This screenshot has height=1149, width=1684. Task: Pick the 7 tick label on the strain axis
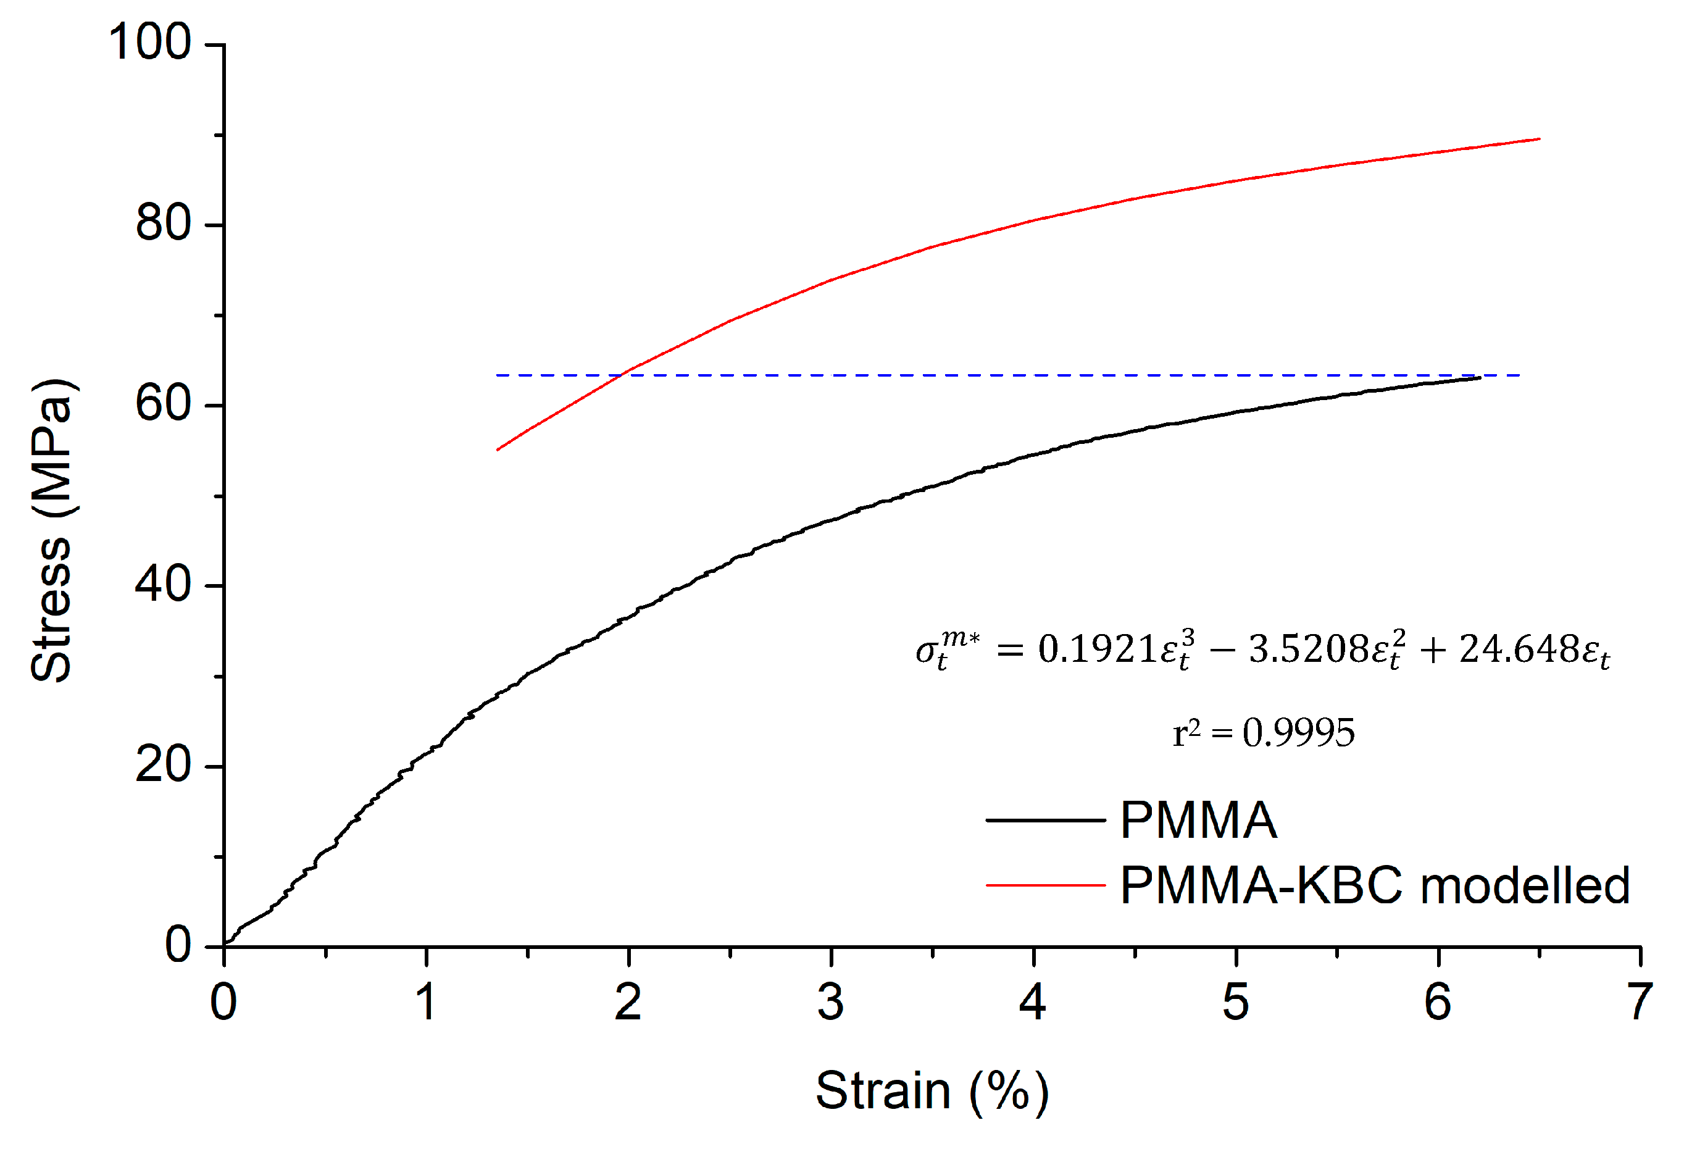[1640, 1003]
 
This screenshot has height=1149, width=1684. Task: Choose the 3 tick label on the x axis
[830, 1003]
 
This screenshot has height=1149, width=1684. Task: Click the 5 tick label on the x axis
[1235, 1003]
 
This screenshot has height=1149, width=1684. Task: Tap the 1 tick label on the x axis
[426, 1003]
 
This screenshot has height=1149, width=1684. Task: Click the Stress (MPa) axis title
[52, 530]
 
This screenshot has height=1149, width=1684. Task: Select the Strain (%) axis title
[932, 1090]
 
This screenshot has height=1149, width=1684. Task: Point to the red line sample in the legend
[1045, 885]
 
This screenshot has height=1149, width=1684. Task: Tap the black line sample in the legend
[1045, 821]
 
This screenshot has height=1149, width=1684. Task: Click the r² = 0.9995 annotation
[1263, 732]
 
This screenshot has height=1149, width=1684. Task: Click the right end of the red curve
[1538, 138]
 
